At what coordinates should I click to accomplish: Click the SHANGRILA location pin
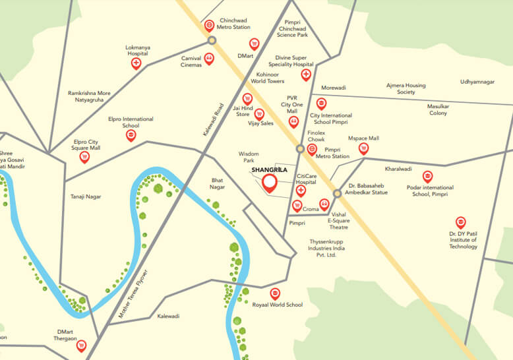pyautogui.click(x=269, y=183)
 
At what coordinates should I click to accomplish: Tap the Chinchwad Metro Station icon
pyautogui.click(x=209, y=26)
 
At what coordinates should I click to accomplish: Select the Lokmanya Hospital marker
pyautogui.click(x=136, y=63)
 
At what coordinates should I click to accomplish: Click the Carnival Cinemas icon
pyautogui.click(x=209, y=59)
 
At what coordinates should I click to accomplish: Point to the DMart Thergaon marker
pyautogui.click(x=81, y=344)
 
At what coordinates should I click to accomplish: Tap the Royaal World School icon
pyautogui.click(x=275, y=293)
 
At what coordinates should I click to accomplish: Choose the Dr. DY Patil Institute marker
pyautogui.click(x=460, y=223)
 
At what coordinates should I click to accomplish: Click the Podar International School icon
pyautogui.click(x=427, y=176)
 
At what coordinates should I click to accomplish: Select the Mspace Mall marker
pyautogui.click(x=363, y=149)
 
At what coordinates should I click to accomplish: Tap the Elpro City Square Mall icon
pyautogui.click(x=84, y=156)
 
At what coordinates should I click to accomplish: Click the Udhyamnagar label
pyautogui.click(x=477, y=82)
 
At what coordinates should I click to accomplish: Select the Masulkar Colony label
pyautogui.click(x=437, y=109)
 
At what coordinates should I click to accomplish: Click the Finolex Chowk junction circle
pyautogui.click(x=300, y=149)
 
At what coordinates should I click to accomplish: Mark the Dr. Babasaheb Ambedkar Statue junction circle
pyautogui.click(x=337, y=193)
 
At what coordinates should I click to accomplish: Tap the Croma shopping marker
pyautogui.click(x=297, y=206)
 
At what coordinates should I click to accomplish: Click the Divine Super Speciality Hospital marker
pyautogui.click(x=306, y=75)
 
